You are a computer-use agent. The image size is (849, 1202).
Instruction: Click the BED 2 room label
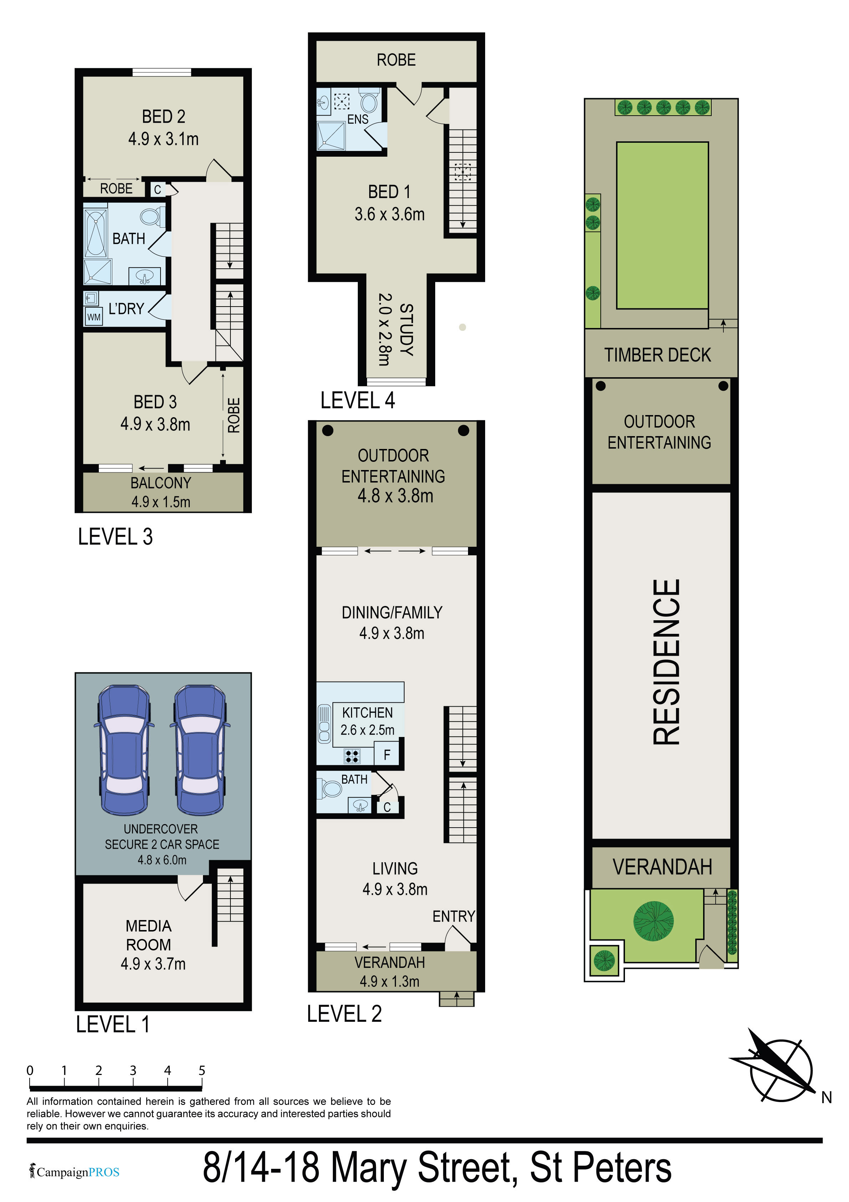[164, 116]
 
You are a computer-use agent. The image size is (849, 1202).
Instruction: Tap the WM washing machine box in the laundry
[94, 317]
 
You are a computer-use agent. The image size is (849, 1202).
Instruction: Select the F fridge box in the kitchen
[387, 754]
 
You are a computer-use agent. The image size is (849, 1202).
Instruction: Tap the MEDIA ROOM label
[149, 935]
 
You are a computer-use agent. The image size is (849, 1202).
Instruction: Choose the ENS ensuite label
[358, 119]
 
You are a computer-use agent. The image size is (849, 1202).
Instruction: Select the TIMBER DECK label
[657, 355]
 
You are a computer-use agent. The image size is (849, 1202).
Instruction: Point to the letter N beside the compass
[827, 1097]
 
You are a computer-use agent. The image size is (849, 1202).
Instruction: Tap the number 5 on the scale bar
[202, 1071]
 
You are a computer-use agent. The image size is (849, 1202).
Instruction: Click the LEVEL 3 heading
[115, 537]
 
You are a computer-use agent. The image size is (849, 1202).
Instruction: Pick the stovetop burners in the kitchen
[352, 756]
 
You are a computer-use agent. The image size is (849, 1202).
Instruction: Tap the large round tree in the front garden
[653, 921]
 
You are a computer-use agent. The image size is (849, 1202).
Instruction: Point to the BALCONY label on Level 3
[161, 483]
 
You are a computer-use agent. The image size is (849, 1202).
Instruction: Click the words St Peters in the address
[600, 1167]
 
